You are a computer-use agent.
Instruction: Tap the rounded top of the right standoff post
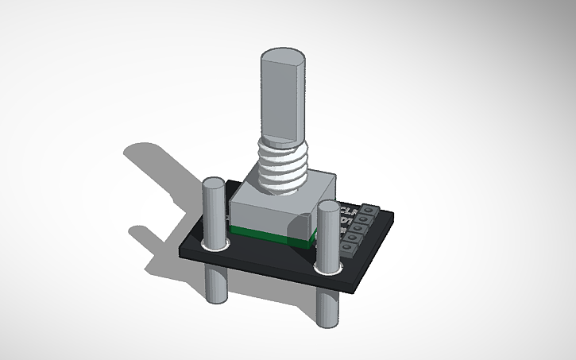pyautogui.click(x=327, y=208)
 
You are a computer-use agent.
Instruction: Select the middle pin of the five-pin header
pyautogui.click(x=358, y=231)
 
